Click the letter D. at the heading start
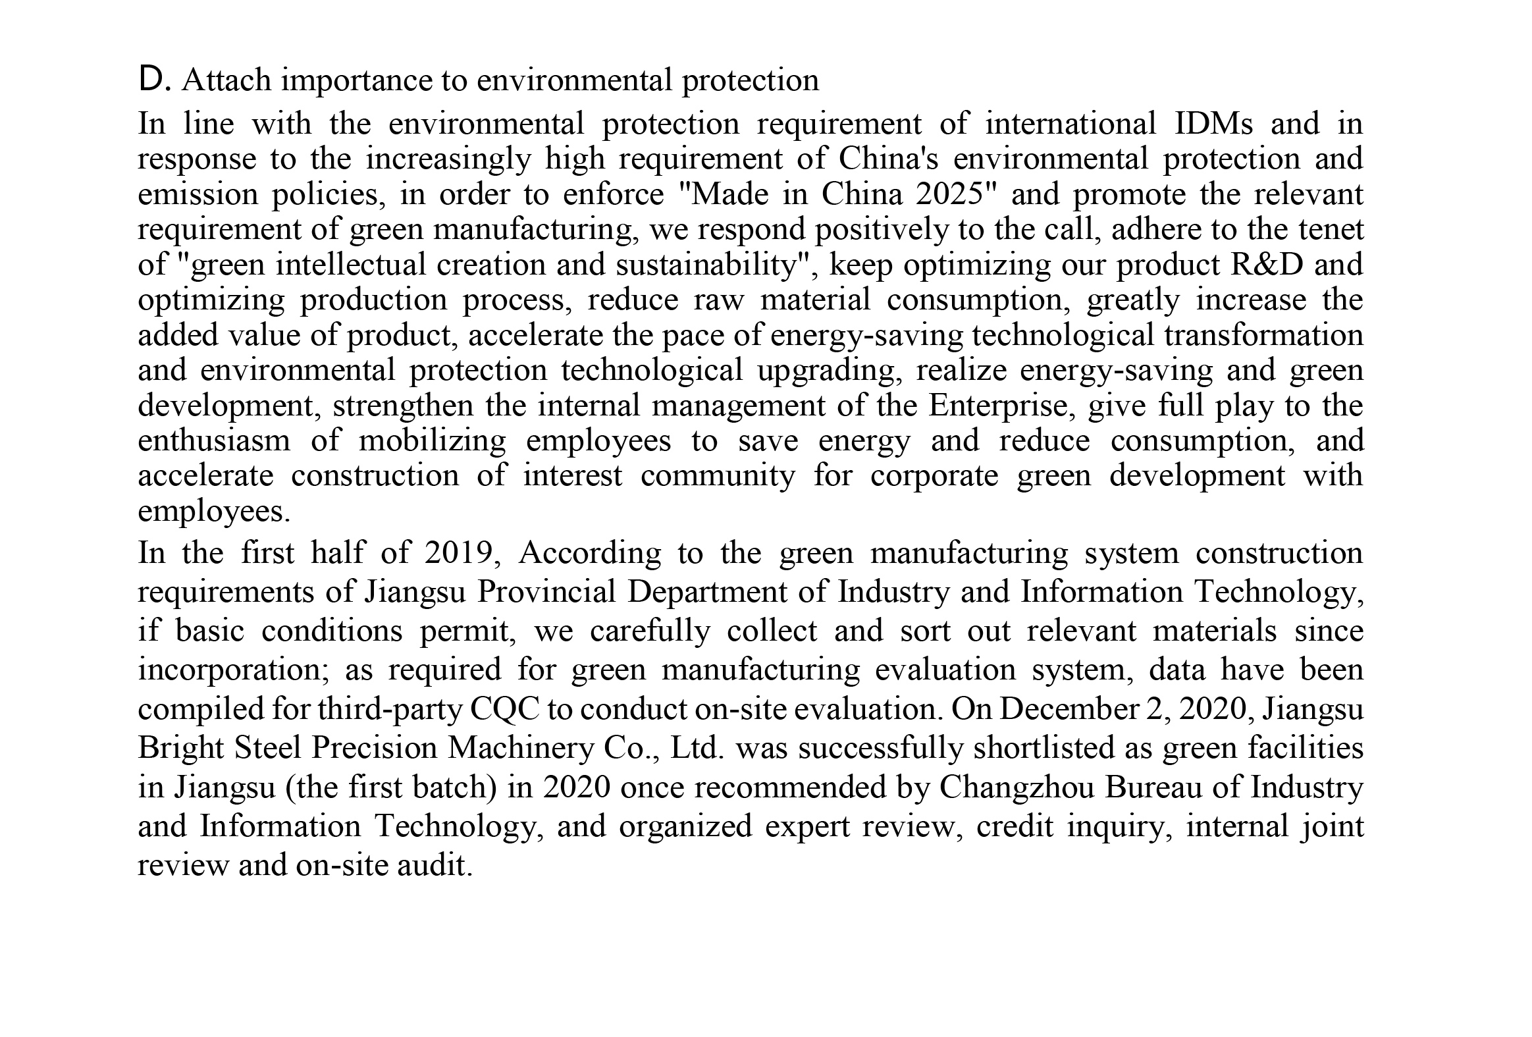pos(155,80)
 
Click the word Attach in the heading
pos(226,80)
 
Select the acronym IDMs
pos(1213,123)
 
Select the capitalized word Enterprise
pos(998,405)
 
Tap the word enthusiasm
pos(213,440)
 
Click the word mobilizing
pos(433,440)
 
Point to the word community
pos(718,475)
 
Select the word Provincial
pos(546,591)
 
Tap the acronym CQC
pos(505,708)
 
